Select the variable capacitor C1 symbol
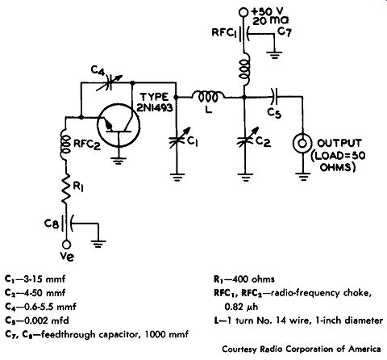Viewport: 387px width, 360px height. [x=177, y=139]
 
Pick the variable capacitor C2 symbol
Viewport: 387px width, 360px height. [x=245, y=139]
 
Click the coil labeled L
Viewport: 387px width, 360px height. [x=207, y=97]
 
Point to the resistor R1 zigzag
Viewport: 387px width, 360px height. [x=66, y=188]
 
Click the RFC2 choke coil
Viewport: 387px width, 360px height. [x=65, y=144]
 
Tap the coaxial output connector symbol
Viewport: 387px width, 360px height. [x=302, y=144]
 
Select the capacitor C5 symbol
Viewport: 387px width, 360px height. [x=274, y=97]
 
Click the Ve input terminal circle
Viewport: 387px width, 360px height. [x=66, y=245]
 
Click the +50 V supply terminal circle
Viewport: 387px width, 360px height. [x=243, y=12]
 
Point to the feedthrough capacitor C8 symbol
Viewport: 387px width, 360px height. [x=67, y=224]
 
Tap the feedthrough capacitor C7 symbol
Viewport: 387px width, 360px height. [x=243, y=34]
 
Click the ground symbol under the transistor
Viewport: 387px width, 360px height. [x=119, y=161]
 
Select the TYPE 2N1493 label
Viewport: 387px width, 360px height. [x=155, y=103]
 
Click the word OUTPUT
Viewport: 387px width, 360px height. [x=339, y=143]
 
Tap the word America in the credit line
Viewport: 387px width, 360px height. [x=364, y=349]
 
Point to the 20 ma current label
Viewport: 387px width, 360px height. [x=271, y=20]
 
